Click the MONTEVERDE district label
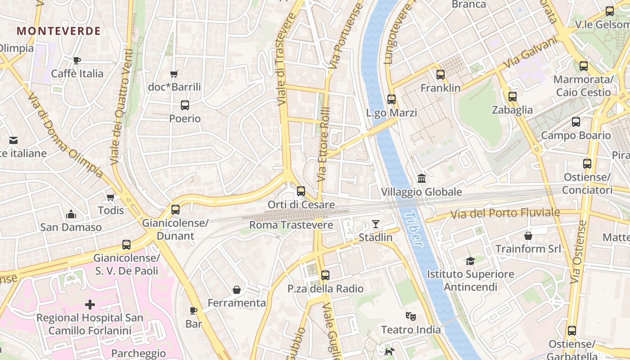coord(58,31)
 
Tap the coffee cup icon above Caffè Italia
coord(77,60)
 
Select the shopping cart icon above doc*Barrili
coord(174,74)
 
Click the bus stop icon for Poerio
coord(184,105)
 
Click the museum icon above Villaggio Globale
coord(422,179)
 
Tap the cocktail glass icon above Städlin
coord(376,224)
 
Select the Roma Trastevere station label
coord(291,225)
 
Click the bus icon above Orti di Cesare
coord(301,191)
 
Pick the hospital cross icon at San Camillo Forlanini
coord(90,305)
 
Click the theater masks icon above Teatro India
coord(410,316)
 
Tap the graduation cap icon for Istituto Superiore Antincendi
coord(470,261)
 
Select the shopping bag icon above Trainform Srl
coord(528,235)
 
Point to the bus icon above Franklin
coord(441,75)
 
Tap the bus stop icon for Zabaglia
coord(512,96)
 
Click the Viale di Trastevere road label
coord(286,59)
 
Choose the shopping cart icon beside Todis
coord(110,197)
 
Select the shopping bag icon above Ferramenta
coord(237,290)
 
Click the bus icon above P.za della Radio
coord(325,275)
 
